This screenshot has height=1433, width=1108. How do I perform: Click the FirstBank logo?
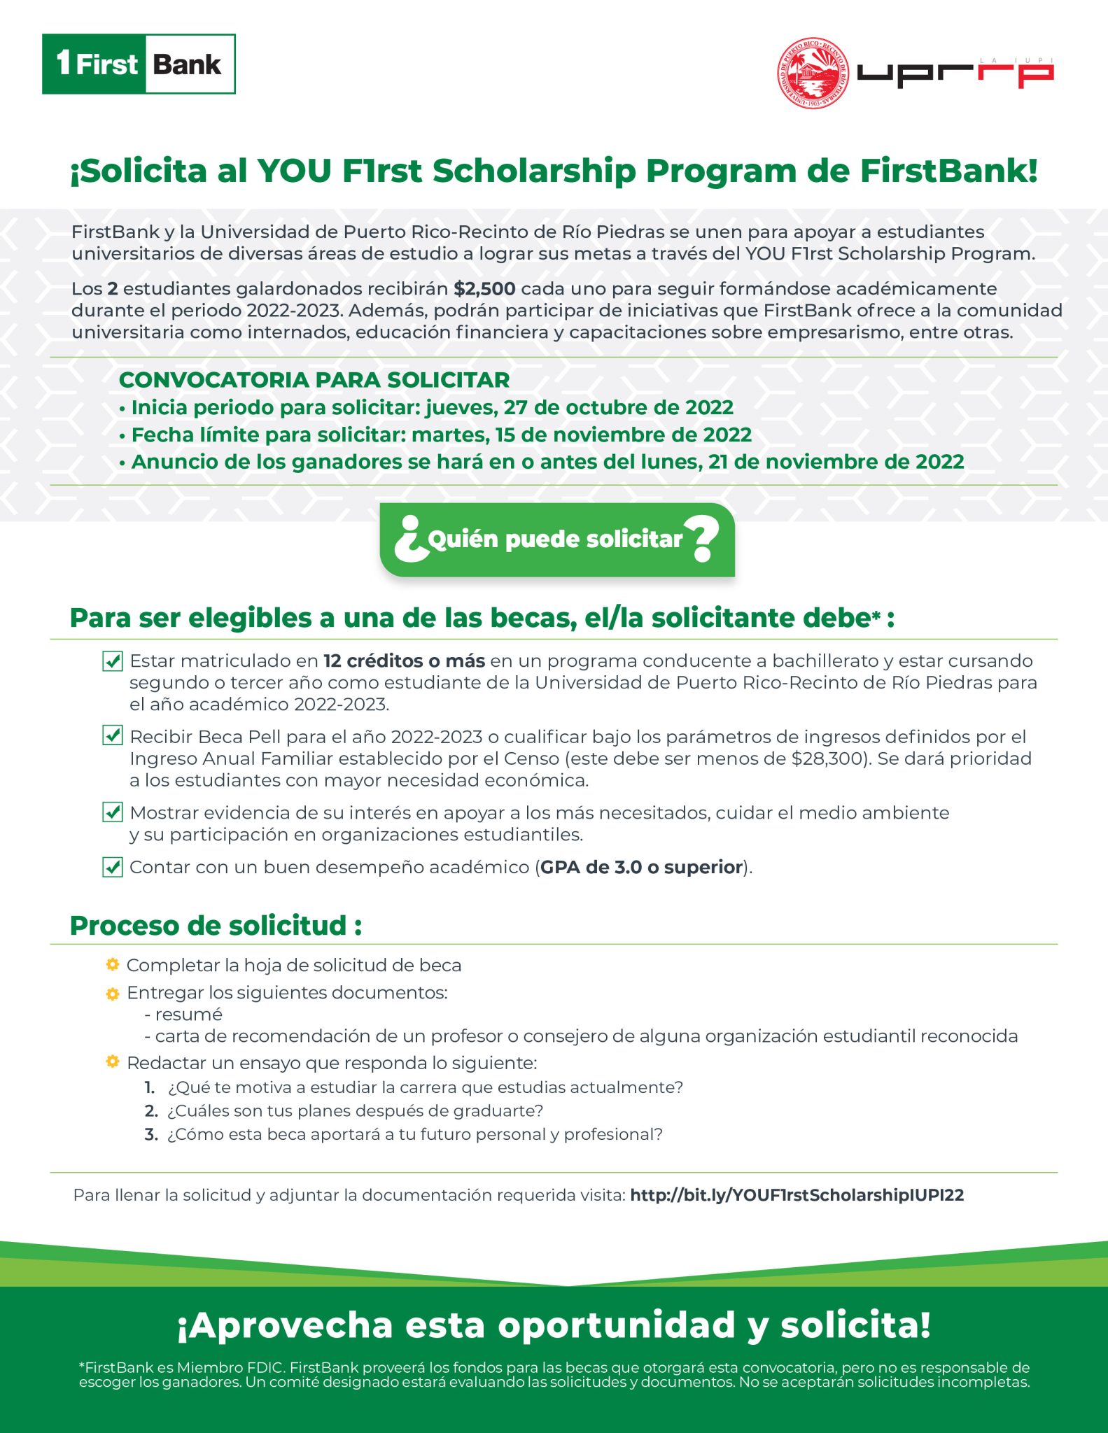point(139,64)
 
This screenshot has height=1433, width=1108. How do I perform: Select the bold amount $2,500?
point(484,289)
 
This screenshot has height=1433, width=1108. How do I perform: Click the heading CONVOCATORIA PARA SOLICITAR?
point(314,380)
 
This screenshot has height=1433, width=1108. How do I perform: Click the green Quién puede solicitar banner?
point(556,539)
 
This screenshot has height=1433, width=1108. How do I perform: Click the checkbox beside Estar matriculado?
point(112,661)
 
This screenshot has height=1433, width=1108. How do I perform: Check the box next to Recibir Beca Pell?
point(112,735)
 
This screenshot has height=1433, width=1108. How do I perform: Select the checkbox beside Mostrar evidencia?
point(112,812)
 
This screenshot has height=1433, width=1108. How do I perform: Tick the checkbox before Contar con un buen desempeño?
point(112,867)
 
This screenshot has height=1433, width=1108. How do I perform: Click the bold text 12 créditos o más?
point(404,661)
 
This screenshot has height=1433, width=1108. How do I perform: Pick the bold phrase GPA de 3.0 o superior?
point(641,868)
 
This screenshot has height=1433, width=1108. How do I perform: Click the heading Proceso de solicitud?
point(216,925)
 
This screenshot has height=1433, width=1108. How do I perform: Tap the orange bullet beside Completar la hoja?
point(112,965)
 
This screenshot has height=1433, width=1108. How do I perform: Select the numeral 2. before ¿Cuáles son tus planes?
point(151,1110)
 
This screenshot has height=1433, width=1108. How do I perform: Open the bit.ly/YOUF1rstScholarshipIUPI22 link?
point(797,1195)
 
